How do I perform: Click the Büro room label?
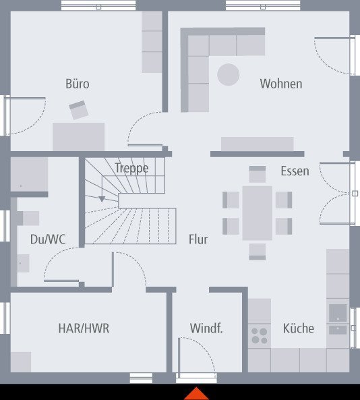[x=78, y=84]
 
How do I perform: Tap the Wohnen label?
[x=281, y=84]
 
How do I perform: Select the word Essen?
[x=295, y=171]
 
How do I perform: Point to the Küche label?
[x=298, y=328]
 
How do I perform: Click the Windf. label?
[x=206, y=328]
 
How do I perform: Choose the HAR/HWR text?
[x=84, y=328]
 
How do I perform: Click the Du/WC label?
[x=47, y=239]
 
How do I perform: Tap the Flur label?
[x=198, y=239]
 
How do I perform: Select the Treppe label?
[x=131, y=168]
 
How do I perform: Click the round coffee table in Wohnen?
[x=229, y=74]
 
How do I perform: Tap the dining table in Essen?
[x=258, y=212]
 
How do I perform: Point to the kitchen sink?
[x=338, y=314]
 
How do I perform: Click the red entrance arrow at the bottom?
[x=196, y=393]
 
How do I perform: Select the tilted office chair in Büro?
[x=79, y=110]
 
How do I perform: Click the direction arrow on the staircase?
[x=101, y=198]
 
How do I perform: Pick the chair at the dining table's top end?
[x=258, y=173]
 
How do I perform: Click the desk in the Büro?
[x=79, y=136]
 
